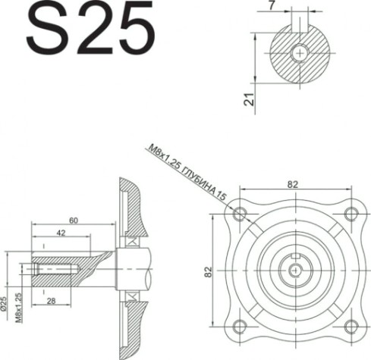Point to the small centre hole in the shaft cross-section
pyautogui.click(x=302, y=53)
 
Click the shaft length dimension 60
pyautogui.click(x=73, y=220)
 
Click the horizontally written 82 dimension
pyautogui.click(x=294, y=183)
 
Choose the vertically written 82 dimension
pyautogui.click(x=208, y=271)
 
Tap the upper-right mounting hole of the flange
pyautogui.click(x=350, y=213)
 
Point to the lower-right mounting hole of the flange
pyautogui.click(x=350, y=326)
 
